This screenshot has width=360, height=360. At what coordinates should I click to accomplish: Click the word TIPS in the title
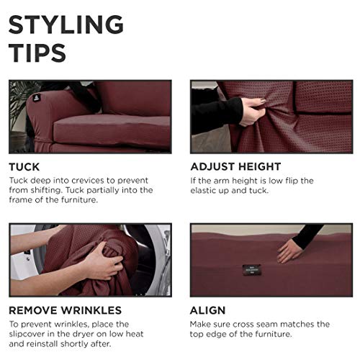click(x=37, y=52)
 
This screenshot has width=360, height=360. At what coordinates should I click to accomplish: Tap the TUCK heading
click(x=24, y=166)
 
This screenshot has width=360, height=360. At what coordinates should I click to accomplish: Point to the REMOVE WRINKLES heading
click(x=65, y=311)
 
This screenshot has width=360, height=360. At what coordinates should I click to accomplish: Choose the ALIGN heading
click(x=208, y=311)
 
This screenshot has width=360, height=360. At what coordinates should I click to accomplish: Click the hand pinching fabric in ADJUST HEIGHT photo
click(x=252, y=112)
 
